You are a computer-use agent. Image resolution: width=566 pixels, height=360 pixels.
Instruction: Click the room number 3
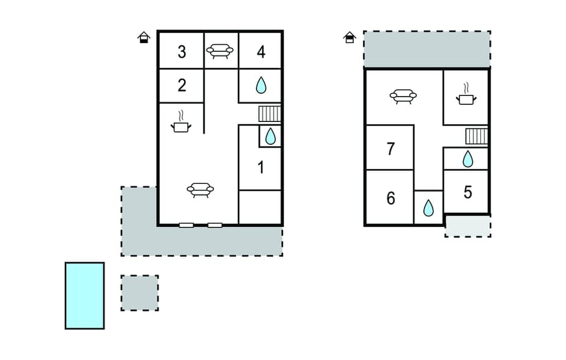[x=182, y=52]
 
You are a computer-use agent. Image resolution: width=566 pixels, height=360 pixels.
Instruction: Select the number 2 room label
[x=182, y=85]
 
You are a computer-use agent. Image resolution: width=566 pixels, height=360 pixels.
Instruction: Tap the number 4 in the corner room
[x=261, y=52]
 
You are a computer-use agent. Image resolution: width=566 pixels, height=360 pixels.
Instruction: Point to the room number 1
[x=261, y=168]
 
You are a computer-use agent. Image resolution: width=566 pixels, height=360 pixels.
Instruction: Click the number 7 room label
[x=390, y=148]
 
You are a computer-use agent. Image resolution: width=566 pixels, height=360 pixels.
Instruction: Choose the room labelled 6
[x=390, y=198]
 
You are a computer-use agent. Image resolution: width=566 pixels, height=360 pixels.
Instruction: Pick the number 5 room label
[x=468, y=192]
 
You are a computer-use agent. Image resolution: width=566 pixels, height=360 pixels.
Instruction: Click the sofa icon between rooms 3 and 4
[x=219, y=51]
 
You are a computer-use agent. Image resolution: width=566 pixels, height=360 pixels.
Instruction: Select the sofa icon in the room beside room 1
[x=200, y=190]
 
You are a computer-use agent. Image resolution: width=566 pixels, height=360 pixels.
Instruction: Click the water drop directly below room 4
[x=261, y=86]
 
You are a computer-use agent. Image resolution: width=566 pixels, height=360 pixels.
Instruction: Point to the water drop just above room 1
[x=270, y=136]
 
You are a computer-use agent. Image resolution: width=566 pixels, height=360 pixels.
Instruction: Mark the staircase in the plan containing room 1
[x=270, y=113]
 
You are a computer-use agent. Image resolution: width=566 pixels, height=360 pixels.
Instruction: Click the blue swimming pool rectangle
[x=85, y=295]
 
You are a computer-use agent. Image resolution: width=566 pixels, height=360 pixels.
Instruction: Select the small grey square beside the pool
[x=140, y=293]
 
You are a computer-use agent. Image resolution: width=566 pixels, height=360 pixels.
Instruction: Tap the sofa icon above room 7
[x=404, y=96]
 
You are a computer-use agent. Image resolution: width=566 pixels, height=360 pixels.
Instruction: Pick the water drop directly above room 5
[x=467, y=158]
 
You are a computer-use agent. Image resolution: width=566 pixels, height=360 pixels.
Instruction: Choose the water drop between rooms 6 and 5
[x=429, y=207]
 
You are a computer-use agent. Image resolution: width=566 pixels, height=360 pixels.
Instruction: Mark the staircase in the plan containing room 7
[x=476, y=137]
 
